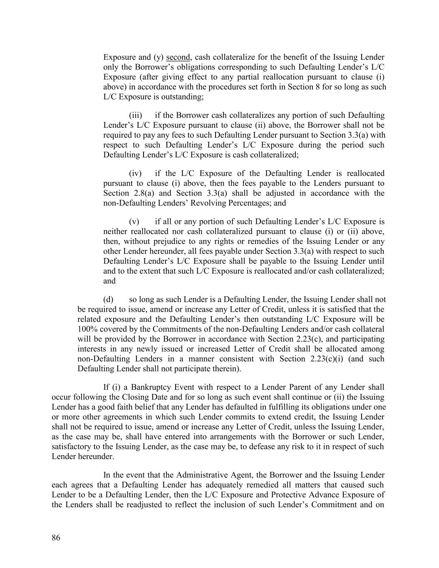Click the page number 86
pyautogui.click(x=56, y=538)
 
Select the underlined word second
pyautogui.click(x=178, y=57)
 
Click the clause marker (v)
pyautogui.click(x=134, y=221)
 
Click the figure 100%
pyautogui.click(x=86, y=329)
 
